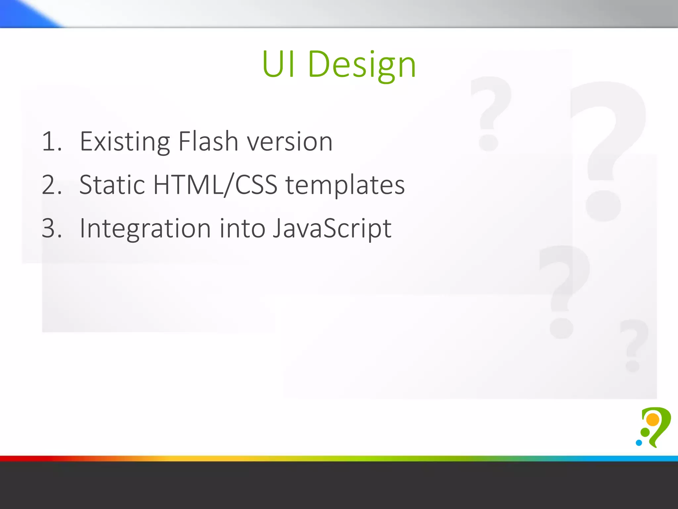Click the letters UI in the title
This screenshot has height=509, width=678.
[278, 64]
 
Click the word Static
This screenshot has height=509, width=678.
[112, 185]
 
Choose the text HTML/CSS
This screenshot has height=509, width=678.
[215, 185]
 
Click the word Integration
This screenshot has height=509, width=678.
[145, 229]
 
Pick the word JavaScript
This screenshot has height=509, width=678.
[332, 229]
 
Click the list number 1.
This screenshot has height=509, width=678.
[51, 142]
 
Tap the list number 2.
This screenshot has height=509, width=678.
[51, 185]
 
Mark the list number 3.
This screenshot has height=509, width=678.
[51, 229]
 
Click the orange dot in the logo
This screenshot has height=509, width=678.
[653, 420]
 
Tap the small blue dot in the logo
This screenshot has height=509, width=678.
[639, 443]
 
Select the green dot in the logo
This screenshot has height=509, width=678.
[645, 432]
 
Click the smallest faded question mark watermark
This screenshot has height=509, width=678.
[634, 345]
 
